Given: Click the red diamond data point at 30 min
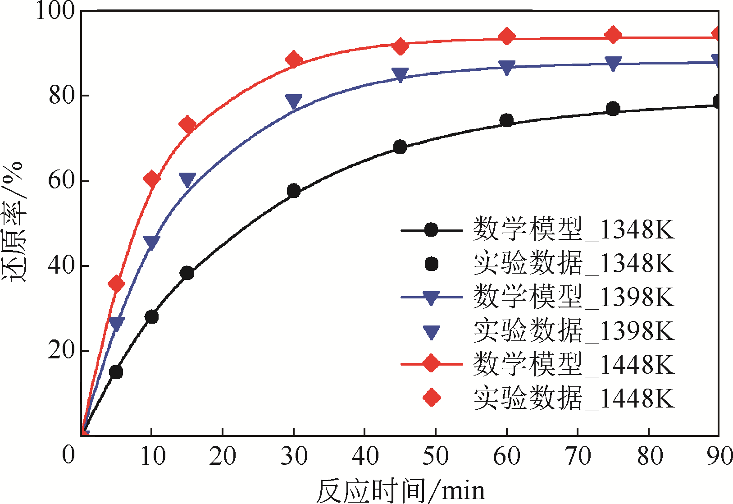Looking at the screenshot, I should tap(294, 60).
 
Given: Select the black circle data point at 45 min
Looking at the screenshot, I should tap(400, 147).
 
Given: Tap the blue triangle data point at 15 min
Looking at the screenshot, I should tap(187, 180).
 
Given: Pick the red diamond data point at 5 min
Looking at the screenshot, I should tap(116, 284).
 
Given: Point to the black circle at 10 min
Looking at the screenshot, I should tap(152, 316).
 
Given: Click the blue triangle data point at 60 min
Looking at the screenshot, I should tap(507, 68).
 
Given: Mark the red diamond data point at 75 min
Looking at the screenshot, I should tap(613, 35).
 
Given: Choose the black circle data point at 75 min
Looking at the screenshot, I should tap(613, 109).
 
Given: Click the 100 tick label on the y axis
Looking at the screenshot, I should tap(55, 11).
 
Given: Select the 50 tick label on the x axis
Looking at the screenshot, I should tap(436, 456).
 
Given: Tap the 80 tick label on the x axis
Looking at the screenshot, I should tap(649, 456).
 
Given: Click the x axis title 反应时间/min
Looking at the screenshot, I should tap(400, 490).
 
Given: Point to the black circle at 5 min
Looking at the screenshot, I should tap(116, 372).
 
